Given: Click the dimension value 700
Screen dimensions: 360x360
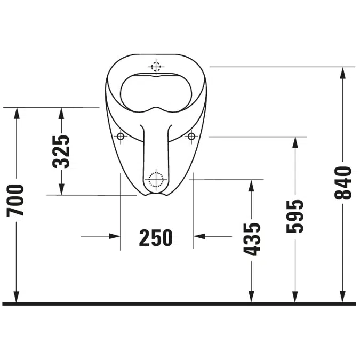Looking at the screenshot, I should click(x=16, y=200).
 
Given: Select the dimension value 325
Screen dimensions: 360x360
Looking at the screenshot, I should click(x=61, y=151).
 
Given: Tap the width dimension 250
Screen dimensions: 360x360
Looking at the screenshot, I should click(x=156, y=237).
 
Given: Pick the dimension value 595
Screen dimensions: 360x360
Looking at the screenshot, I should click(x=294, y=216).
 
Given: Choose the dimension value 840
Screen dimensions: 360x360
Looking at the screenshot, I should click(x=343, y=183).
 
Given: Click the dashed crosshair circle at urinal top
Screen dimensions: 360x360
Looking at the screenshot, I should click(x=156, y=67).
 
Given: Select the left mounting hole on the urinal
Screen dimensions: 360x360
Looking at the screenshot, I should click(x=121, y=137).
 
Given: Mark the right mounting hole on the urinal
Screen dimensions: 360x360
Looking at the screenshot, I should click(x=191, y=137).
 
